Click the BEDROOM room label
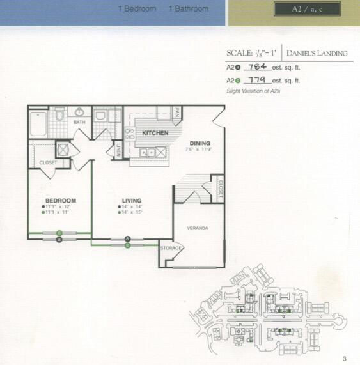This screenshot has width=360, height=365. pos(61,200)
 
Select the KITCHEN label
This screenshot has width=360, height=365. pos(155,133)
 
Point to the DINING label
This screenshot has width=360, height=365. pos(200,143)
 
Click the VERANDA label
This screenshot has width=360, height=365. pos(198,228)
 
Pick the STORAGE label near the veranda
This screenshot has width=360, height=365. pos(171,247)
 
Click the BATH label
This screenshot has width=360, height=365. pos(79,121)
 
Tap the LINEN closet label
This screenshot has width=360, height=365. pos(118,150)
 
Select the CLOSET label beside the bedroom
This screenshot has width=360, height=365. pos(48,162)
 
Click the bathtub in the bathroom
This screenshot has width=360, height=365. pos(37,123)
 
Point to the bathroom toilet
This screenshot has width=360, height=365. pos(59,115)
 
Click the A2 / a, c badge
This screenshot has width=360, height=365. pos(306,10)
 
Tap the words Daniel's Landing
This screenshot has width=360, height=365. pos(317,53)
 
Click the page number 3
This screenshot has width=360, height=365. pos(344,358)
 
